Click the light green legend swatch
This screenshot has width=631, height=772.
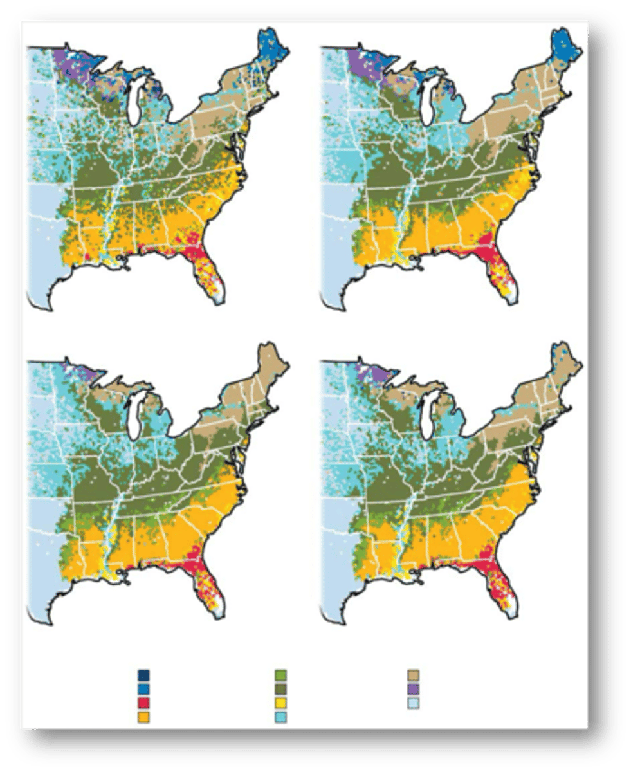[280, 675]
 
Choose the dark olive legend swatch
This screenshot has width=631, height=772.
[280, 689]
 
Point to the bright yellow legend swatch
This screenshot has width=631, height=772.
[280, 703]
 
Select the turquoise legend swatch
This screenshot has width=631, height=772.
[280, 716]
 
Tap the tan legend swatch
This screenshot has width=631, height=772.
[414, 675]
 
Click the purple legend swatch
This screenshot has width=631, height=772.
[414, 689]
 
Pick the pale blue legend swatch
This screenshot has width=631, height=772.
[414, 703]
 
